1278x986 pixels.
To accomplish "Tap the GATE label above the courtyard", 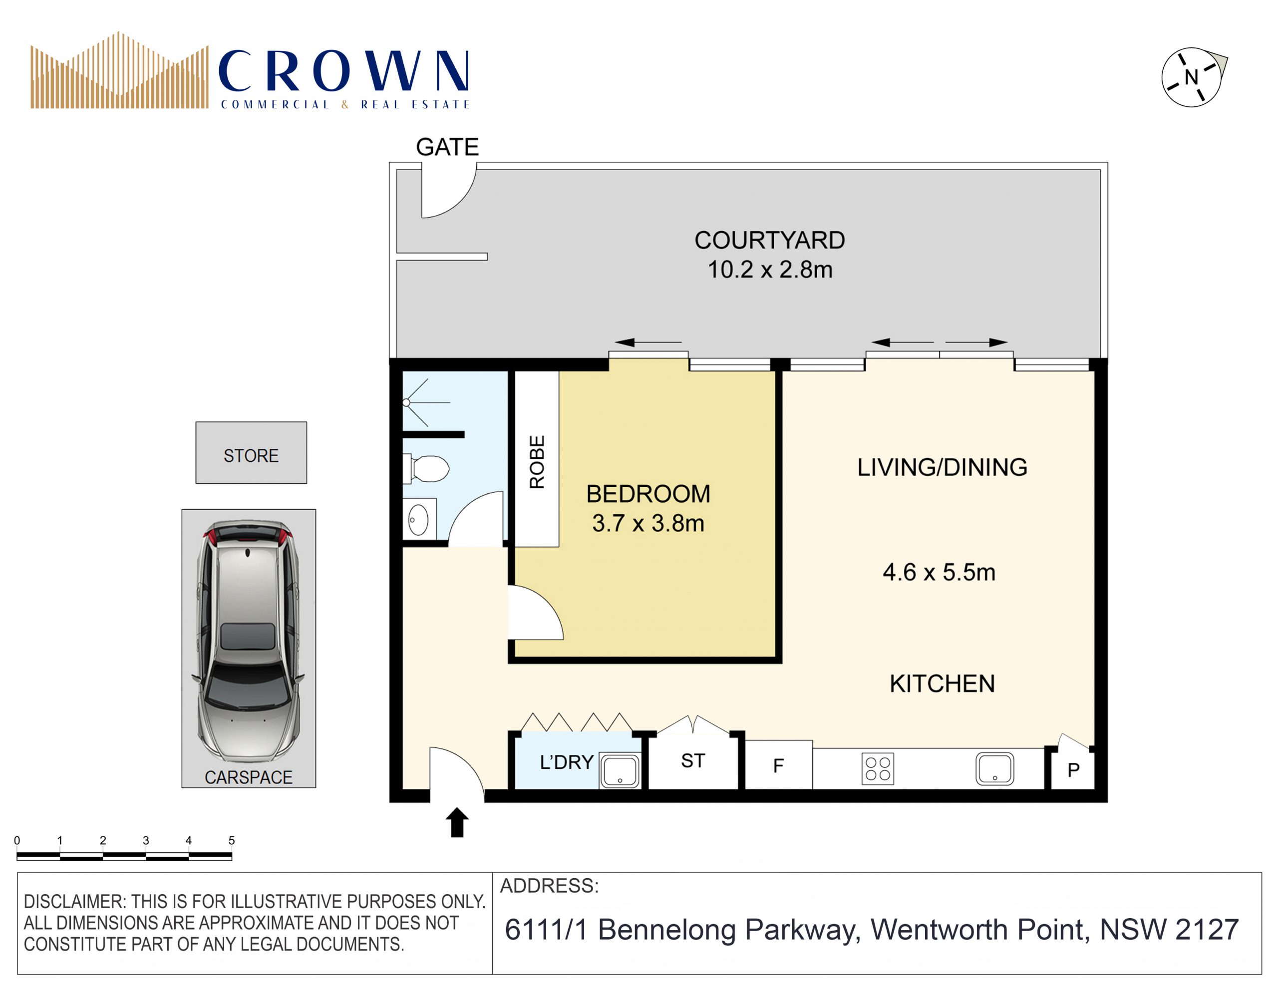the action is click(447, 147).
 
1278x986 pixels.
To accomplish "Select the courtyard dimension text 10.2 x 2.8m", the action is click(769, 270).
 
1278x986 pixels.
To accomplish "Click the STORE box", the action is click(251, 452).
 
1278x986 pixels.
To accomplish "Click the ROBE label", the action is click(537, 462).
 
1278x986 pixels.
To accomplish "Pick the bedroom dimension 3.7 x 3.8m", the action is click(648, 523).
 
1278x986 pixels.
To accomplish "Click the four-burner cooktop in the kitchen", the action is click(878, 768).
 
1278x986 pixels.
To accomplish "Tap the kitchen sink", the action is click(995, 769).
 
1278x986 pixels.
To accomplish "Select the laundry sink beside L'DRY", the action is click(620, 770).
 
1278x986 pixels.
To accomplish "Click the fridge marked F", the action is click(778, 765).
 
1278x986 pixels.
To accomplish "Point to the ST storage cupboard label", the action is click(693, 761).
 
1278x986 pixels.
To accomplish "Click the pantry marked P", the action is click(1073, 769).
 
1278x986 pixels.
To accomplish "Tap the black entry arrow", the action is click(457, 822).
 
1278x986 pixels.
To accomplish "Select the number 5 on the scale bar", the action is click(232, 840).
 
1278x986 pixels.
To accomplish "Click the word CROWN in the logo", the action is click(343, 71).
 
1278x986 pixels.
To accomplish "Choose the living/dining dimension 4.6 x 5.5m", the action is click(939, 572).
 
